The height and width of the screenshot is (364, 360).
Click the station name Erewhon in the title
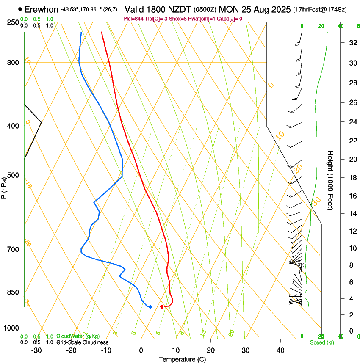42,9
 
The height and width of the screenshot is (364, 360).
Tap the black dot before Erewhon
20,9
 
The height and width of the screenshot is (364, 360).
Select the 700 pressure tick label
13,249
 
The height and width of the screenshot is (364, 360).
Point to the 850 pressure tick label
13,292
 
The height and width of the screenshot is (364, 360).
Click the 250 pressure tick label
13,22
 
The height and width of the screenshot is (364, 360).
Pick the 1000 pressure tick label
11,328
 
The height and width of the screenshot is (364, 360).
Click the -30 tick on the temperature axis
36,350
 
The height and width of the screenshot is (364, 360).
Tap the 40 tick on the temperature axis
280,350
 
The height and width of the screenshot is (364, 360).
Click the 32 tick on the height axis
352,43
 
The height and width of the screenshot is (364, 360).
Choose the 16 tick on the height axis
352,196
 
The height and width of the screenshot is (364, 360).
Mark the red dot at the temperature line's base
162,306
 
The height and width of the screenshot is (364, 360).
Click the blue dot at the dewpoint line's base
150,306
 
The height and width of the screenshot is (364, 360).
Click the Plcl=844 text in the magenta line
133,19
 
